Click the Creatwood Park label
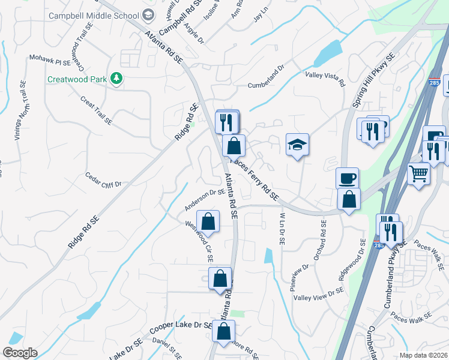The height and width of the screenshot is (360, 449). [x=77, y=79]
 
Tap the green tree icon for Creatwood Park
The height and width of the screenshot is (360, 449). [x=118, y=78]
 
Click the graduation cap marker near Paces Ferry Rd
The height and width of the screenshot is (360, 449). [x=297, y=145]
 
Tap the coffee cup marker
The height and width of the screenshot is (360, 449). [x=347, y=178]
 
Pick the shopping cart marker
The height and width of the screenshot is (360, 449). [x=419, y=174]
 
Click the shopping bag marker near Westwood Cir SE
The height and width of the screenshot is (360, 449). [x=208, y=221]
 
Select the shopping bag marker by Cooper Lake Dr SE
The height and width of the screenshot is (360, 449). [x=223, y=331]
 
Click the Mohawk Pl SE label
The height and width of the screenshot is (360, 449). [x=50, y=60]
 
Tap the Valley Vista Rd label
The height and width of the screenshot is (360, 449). [x=325, y=78]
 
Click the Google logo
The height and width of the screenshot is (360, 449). [x=20, y=353]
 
